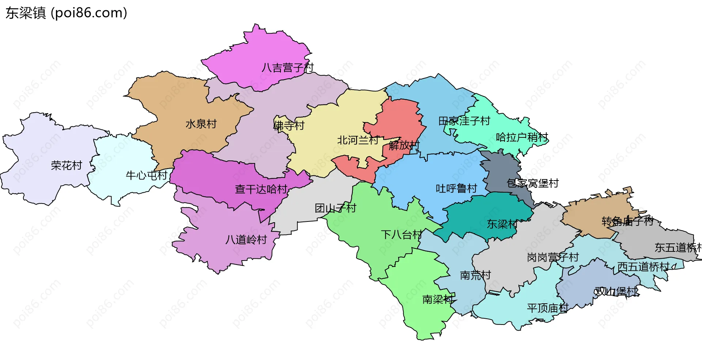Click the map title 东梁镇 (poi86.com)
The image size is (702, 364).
[x=66, y=13]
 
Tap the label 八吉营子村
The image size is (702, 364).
[x=288, y=68]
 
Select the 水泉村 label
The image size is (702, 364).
[x=201, y=124]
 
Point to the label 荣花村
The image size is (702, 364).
[x=67, y=166]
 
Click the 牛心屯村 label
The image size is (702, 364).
[x=146, y=175]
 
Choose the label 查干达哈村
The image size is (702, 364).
[x=261, y=189]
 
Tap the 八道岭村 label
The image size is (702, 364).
[x=246, y=240]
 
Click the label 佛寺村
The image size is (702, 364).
[x=289, y=126]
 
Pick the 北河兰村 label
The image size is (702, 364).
[x=358, y=140]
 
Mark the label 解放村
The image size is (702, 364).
[x=404, y=145]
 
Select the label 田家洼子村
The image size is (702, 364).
[x=464, y=121]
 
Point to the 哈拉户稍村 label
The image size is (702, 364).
[x=522, y=137]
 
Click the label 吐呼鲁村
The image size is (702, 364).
[x=456, y=189]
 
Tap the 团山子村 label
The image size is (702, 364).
[x=335, y=208]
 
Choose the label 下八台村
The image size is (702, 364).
[x=401, y=235]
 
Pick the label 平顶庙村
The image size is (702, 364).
[x=547, y=308]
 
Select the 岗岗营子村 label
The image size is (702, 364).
[x=552, y=258]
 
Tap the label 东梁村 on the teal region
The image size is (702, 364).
[x=502, y=224]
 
